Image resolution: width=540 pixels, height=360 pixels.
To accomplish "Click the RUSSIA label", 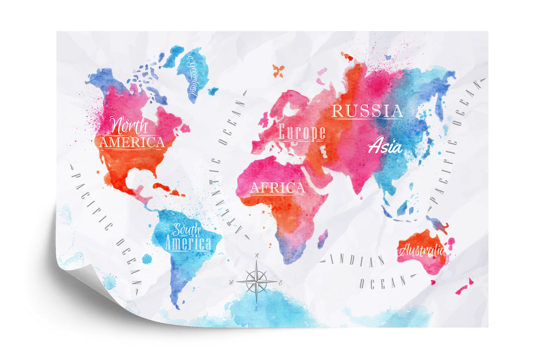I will pyautogui.click(x=367, y=111).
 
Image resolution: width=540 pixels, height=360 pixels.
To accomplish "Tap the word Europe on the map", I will pyautogui.click(x=302, y=132).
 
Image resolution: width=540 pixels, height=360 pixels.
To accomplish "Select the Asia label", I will pyautogui.click(x=385, y=147).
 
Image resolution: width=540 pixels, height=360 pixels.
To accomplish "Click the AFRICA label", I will pyautogui.click(x=277, y=188).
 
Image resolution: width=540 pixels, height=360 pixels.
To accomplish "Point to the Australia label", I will pyautogui.click(x=422, y=250).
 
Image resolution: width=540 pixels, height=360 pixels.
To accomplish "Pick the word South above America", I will pyautogui.click(x=186, y=230).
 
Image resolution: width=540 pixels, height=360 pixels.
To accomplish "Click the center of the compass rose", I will pyautogui.click(x=256, y=281).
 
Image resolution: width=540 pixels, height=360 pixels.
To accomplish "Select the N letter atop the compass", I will pyautogui.click(x=257, y=256).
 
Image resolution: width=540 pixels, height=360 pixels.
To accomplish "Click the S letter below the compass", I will pyautogui.click(x=256, y=309).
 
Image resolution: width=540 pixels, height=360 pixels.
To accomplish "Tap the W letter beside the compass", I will pyautogui.click(x=232, y=282).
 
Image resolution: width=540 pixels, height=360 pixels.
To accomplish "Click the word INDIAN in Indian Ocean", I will pyautogui.click(x=357, y=261).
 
